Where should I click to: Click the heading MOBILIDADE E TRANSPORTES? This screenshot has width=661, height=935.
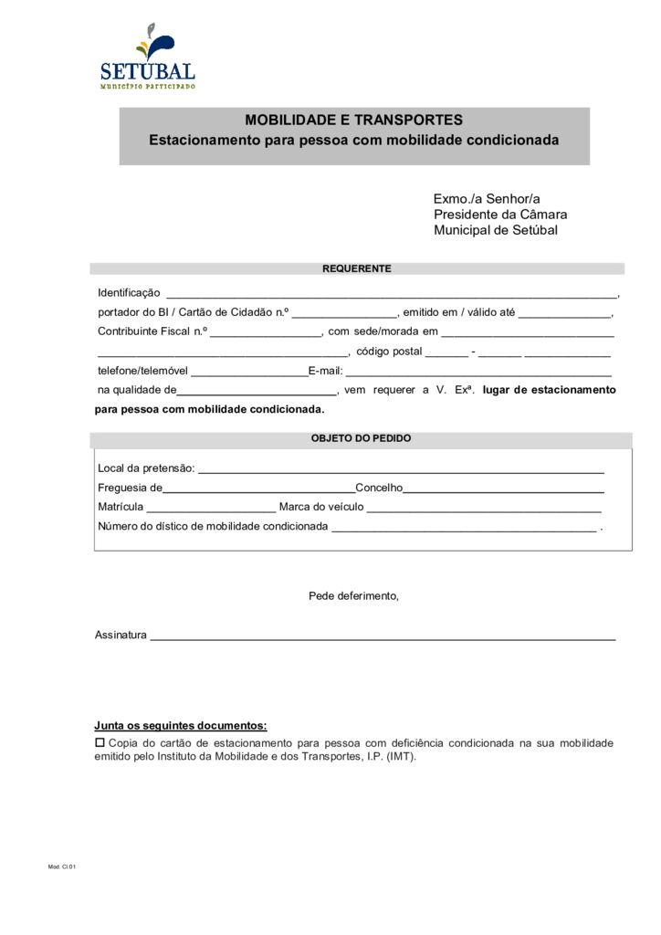click(353, 121)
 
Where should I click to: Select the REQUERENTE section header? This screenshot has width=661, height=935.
click(356, 268)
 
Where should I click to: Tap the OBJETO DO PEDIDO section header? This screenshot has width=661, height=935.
click(361, 438)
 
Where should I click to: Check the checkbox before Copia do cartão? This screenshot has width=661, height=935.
click(100, 743)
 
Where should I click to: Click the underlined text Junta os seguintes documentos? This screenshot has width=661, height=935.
click(181, 726)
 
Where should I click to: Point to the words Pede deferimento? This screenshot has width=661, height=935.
click(353, 596)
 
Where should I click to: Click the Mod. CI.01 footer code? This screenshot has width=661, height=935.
click(62, 867)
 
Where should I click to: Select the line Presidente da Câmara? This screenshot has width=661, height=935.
click(499, 215)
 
